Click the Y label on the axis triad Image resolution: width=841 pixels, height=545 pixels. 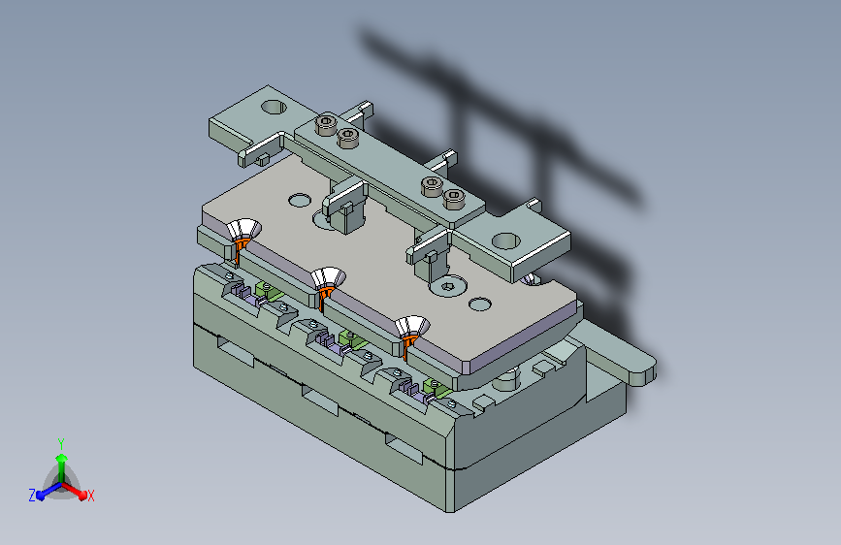point(61,443)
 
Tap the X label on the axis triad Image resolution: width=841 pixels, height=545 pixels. point(90,496)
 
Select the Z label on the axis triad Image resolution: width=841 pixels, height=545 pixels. point(32,496)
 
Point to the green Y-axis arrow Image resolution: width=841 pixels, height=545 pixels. point(62,468)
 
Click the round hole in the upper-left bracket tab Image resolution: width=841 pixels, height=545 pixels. point(274,107)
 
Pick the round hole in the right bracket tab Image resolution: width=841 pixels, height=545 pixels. point(505,240)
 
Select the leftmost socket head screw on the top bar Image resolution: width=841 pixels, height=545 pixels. point(326,124)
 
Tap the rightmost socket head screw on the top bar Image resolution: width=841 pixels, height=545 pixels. point(453,199)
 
